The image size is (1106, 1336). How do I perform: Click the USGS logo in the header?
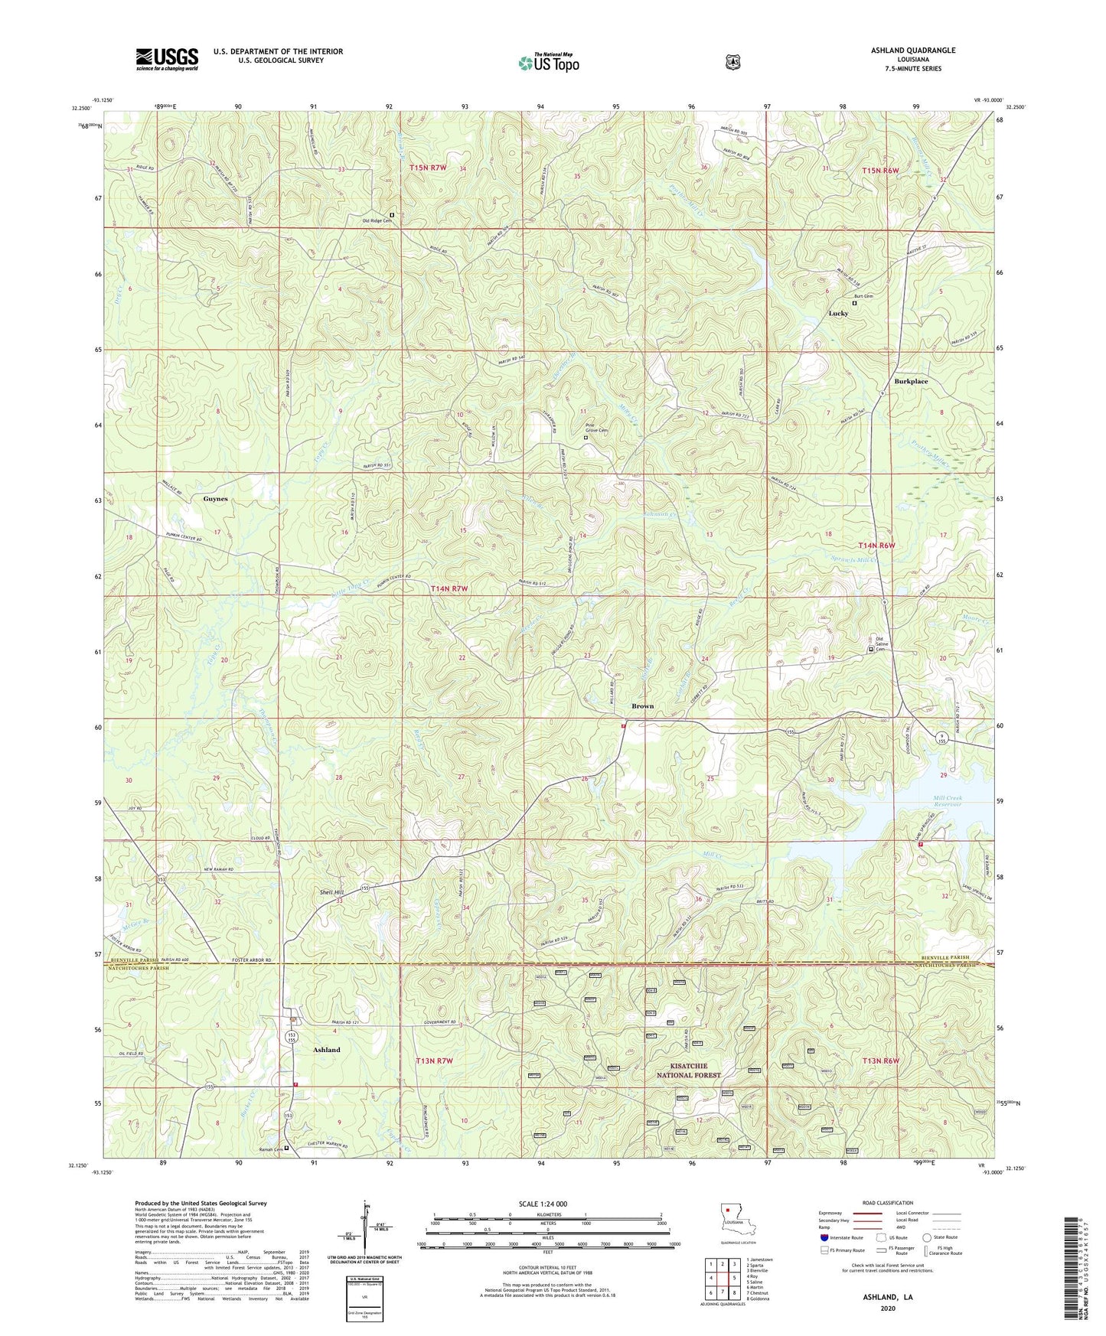tap(167, 59)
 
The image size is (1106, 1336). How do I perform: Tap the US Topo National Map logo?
tap(548, 63)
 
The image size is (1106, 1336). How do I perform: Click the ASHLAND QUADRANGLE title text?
tap(912, 51)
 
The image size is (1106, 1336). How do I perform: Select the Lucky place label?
tap(838, 314)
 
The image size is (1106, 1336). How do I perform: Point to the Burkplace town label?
tap(911, 381)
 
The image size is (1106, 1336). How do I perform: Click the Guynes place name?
tap(215, 499)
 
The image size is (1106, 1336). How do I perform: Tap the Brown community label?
tap(642, 706)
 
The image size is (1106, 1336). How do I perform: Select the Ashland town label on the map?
tap(327, 1050)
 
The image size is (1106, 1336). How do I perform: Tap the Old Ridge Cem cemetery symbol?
tap(392, 215)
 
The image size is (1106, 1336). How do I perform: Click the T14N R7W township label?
tap(449, 588)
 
